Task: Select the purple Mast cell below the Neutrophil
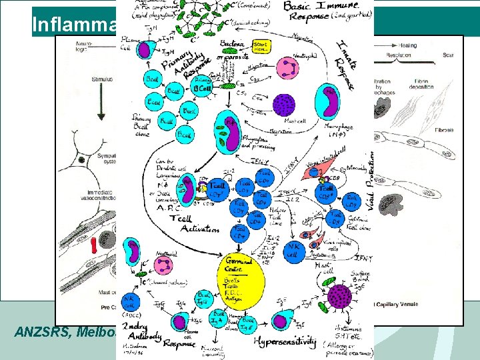click(x=285, y=105)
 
